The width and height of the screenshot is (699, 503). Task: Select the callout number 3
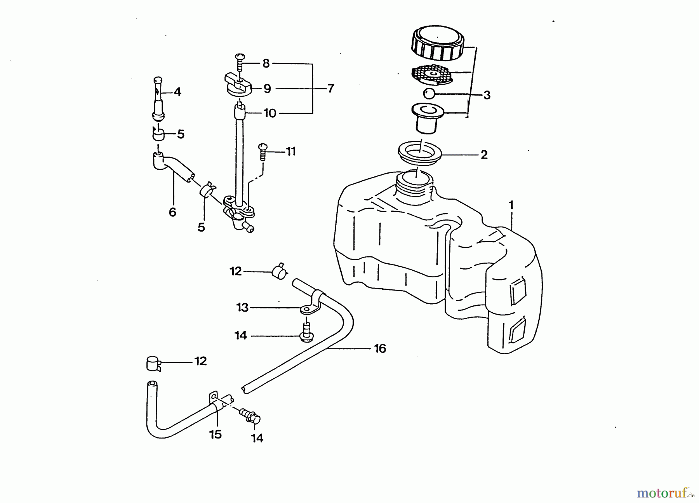(487, 95)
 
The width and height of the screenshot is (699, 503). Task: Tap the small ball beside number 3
(429, 94)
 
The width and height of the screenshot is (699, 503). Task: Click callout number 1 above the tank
(511, 205)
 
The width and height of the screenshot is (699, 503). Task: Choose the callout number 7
(330, 89)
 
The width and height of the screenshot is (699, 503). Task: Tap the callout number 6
(172, 212)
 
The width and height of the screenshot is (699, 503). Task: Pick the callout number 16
(380, 348)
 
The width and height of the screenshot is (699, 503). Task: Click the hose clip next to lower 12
(153, 364)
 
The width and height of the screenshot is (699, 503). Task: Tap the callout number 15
(216, 434)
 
